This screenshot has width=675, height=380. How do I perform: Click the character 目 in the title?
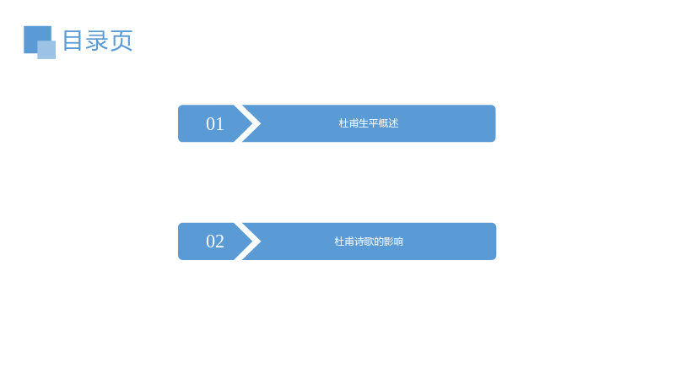click(x=73, y=41)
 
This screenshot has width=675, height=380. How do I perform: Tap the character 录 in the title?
click(x=97, y=41)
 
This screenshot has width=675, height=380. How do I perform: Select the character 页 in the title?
click(x=121, y=41)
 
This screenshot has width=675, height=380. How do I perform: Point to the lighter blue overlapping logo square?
click(x=46, y=50)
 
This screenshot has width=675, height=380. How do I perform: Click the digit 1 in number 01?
click(x=220, y=124)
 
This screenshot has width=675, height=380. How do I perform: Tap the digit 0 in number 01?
click(x=210, y=124)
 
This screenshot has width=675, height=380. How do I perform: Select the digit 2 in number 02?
click(x=220, y=242)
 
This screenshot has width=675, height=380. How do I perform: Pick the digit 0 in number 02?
click(x=210, y=242)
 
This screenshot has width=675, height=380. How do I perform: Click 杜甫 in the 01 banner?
click(x=348, y=123)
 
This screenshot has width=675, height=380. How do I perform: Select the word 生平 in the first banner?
click(x=369, y=123)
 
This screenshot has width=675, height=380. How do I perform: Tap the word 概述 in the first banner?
click(x=388, y=123)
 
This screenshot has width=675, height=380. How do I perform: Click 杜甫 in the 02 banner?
click(x=344, y=242)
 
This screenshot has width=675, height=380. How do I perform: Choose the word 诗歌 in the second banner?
click(x=364, y=242)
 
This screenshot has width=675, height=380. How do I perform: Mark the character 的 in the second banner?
click(x=378, y=242)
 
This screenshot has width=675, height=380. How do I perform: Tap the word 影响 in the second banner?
click(x=393, y=242)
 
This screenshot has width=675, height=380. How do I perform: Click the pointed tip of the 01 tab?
click(x=251, y=123)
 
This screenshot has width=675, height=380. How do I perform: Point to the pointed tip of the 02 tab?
click(x=251, y=242)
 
